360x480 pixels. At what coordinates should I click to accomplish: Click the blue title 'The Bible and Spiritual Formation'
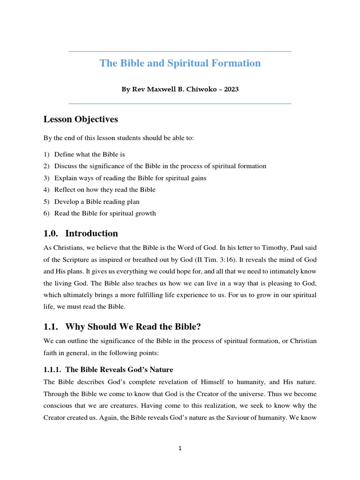pyautogui.click(x=180, y=63)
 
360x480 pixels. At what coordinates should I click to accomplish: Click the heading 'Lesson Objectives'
pyautogui.click(x=81, y=119)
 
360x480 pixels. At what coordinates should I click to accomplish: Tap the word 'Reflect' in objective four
pyautogui.click(x=65, y=190)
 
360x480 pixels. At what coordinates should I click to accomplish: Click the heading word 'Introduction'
pyautogui.click(x=92, y=233)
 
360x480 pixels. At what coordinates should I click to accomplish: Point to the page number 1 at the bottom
pyautogui.click(x=180, y=449)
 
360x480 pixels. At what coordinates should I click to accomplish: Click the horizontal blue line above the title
pyautogui.click(x=180, y=52)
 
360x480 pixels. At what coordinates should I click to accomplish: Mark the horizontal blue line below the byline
pyautogui.click(x=180, y=104)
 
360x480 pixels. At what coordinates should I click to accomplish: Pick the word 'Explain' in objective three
pyautogui.click(x=65, y=178)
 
